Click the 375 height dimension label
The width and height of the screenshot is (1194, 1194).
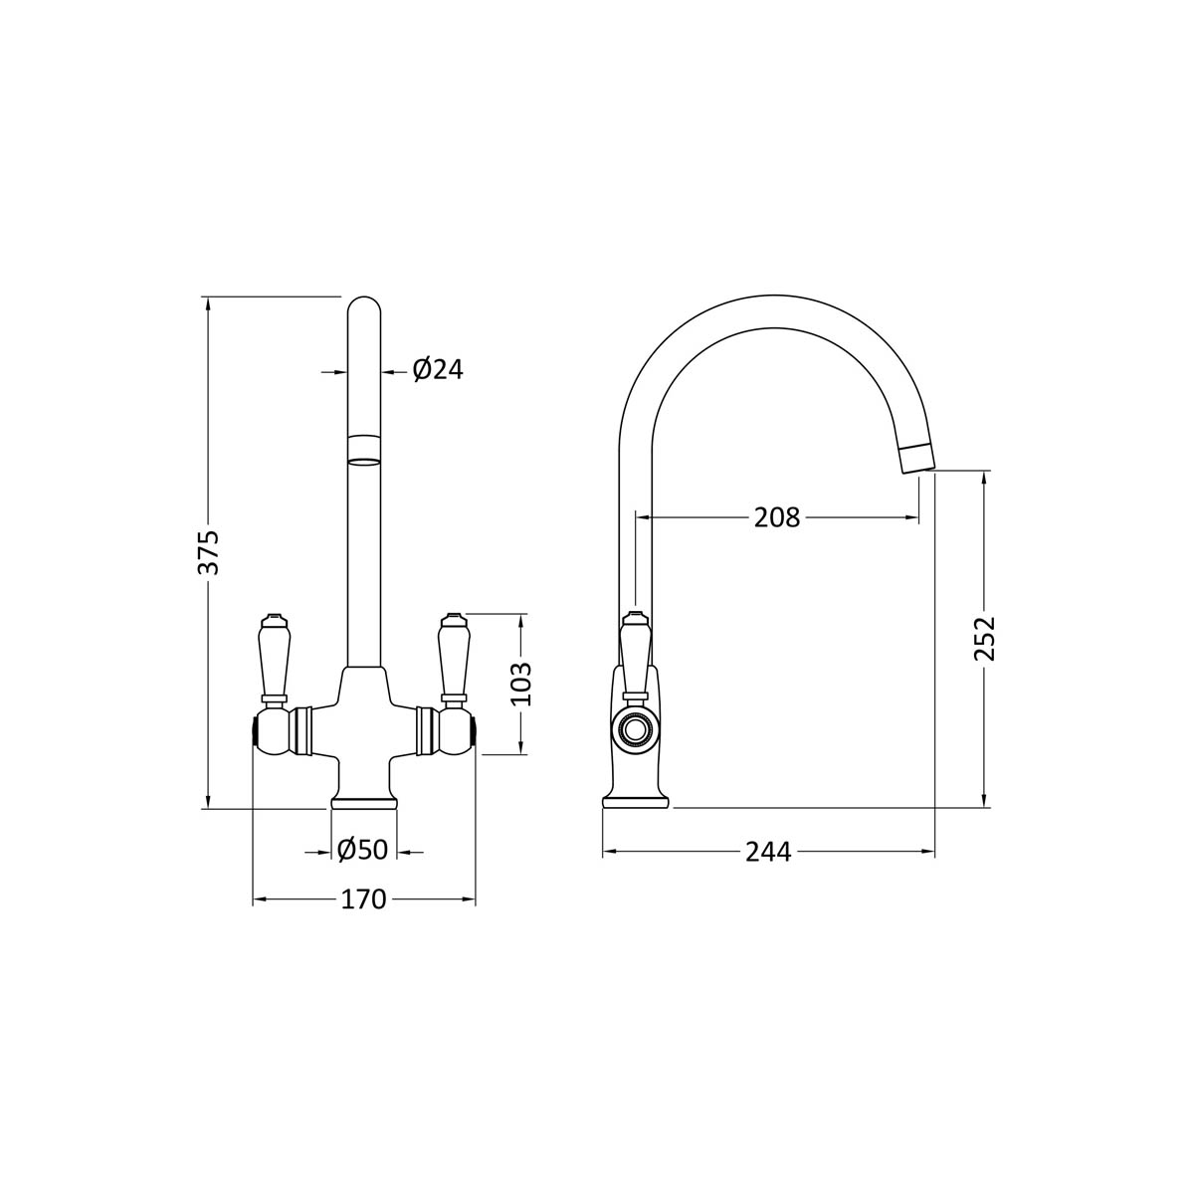click(x=212, y=551)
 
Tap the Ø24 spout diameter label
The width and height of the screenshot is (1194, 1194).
click(x=438, y=370)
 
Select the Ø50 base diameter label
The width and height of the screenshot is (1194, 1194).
click(x=363, y=850)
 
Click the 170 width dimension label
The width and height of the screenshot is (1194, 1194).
click(x=364, y=899)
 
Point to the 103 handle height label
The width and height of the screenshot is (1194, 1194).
click(x=521, y=684)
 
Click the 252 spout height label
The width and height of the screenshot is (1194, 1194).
click(x=984, y=638)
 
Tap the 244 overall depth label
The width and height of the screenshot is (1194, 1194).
click(x=768, y=852)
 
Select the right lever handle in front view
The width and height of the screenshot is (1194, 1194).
click(x=452, y=658)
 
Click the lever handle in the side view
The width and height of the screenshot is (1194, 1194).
click(x=635, y=657)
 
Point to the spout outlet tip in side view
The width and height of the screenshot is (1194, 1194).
click(x=917, y=460)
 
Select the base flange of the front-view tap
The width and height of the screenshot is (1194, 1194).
click(x=363, y=802)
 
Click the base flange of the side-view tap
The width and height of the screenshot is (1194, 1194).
click(x=636, y=801)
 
